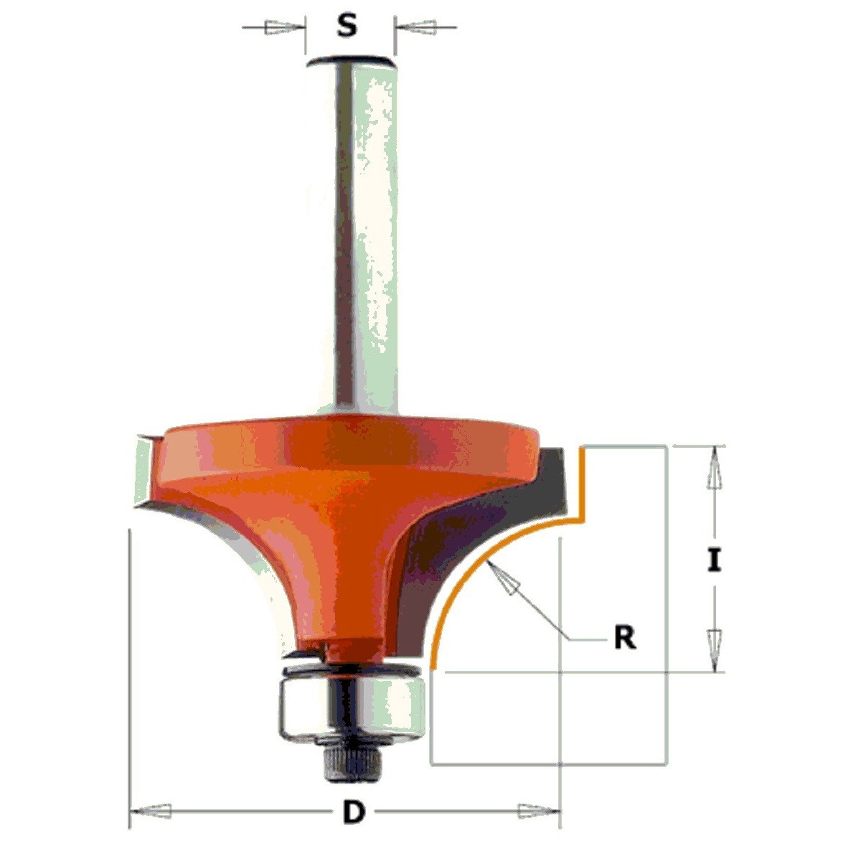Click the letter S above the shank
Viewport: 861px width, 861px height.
coord(347,25)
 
